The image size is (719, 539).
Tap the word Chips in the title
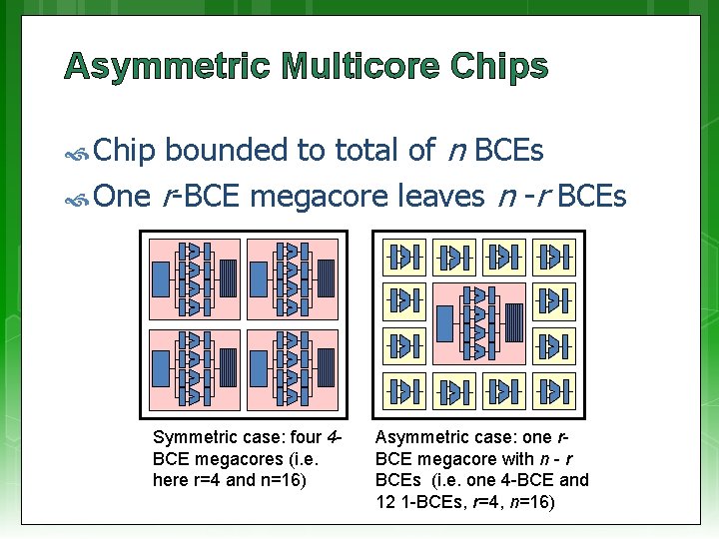(x=498, y=67)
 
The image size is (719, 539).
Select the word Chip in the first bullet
(x=125, y=151)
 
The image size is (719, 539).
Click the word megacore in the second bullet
(x=319, y=197)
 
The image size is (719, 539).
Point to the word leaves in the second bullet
(x=441, y=197)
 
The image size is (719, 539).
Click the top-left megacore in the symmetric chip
(x=194, y=278)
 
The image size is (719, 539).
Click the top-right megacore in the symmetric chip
(x=292, y=278)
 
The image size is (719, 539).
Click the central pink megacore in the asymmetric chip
(x=477, y=323)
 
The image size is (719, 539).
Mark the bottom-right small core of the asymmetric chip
(x=551, y=390)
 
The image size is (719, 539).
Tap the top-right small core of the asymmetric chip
(x=551, y=257)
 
